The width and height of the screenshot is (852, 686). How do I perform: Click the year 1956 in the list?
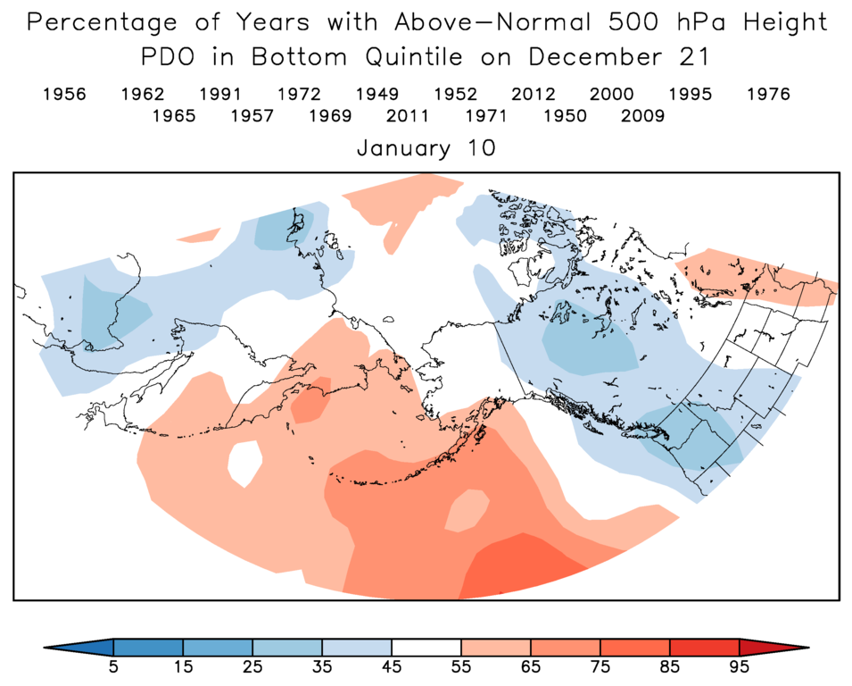coord(64,95)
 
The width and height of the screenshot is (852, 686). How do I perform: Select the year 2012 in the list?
coord(534,95)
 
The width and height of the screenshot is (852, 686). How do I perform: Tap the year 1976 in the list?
coord(768,95)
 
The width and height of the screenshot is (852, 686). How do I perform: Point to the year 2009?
coord(642,116)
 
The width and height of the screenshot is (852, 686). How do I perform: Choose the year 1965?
coord(174,116)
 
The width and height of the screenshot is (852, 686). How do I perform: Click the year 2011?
coord(408,116)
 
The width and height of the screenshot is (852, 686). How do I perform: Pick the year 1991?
coord(220,95)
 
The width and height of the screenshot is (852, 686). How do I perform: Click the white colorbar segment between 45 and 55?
coord(426,648)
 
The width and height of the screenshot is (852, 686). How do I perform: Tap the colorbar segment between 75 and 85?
coord(635,648)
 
